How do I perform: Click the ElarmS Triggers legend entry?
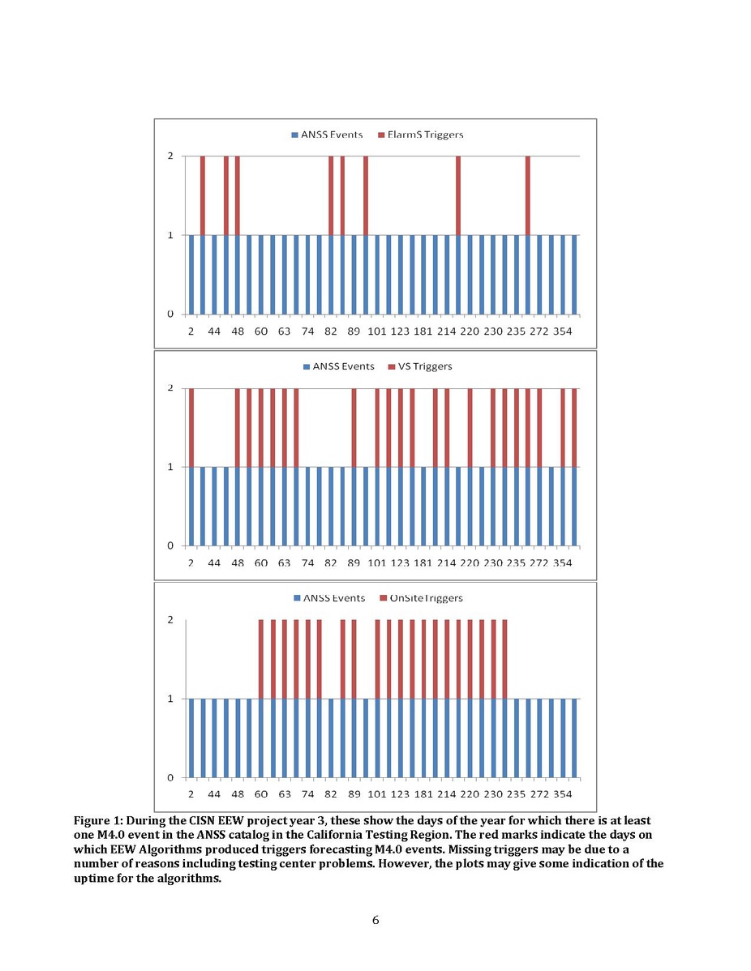pyautogui.click(x=425, y=134)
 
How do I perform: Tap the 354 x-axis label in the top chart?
pyautogui.click(x=563, y=331)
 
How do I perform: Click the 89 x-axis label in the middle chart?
pyautogui.click(x=354, y=562)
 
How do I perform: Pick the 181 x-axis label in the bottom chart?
pyautogui.click(x=423, y=794)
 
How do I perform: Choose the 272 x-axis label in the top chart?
pyautogui.click(x=539, y=331)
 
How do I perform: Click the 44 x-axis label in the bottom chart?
pyautogui.click(x=214, y=794)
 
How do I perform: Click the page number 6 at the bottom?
pyautogui.click(x=375, y=920)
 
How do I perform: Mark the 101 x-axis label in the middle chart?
pyautogui.click(x=377, y=562)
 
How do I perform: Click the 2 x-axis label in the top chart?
pyautogui.click(x=191, y=331)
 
